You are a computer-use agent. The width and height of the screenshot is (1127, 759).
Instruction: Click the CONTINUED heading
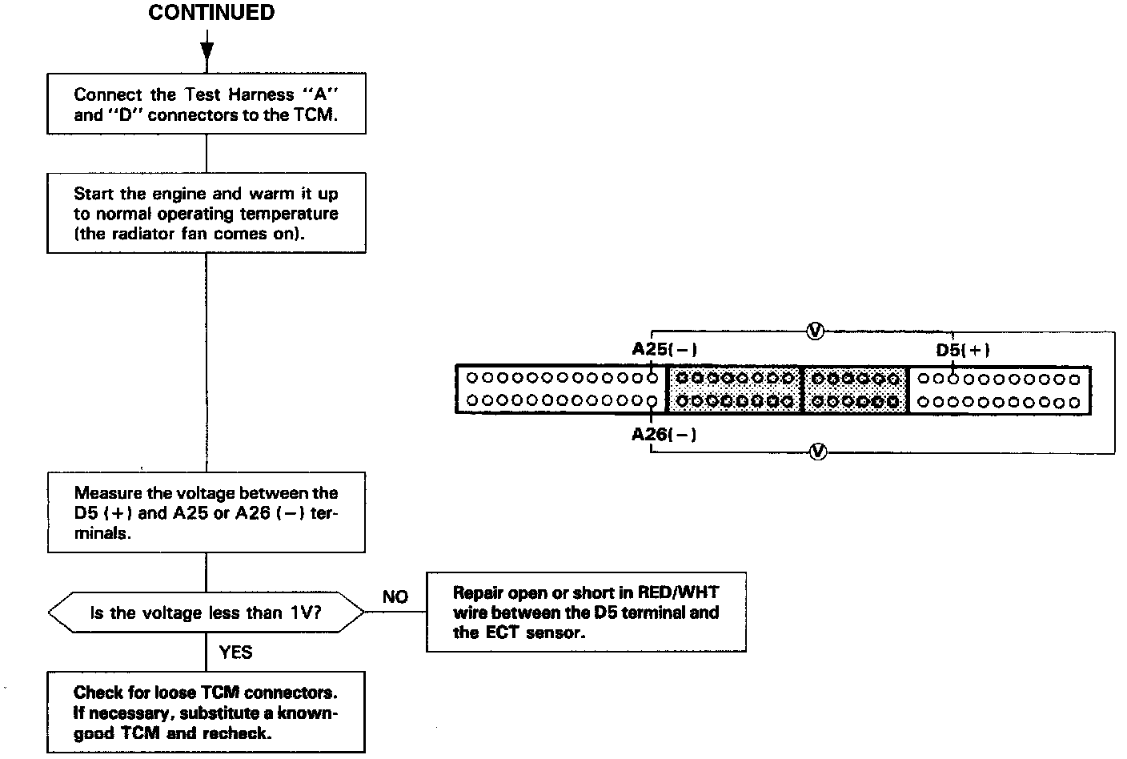[211, 13]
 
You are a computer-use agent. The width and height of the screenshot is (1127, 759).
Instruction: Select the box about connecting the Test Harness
[207, 104]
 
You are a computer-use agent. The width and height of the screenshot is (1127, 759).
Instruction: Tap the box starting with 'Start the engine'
[207, 213]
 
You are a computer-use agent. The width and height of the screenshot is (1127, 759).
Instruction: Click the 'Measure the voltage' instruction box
[207, 512]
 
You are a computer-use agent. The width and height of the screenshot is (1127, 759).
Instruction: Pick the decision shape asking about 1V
[207, 613]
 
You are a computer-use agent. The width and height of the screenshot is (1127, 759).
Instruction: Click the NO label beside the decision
[395, 596]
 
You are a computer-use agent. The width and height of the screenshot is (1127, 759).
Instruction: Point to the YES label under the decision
[235, 653]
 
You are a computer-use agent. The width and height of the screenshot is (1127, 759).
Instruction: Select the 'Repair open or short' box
[586, 612]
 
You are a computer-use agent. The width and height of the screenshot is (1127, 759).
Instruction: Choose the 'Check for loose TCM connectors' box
[207, 713]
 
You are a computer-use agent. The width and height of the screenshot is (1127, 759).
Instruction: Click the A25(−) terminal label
[664, 349]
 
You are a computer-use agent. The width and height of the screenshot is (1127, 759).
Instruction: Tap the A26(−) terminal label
[664, 434]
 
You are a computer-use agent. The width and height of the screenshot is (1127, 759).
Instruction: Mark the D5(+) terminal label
[963, 350]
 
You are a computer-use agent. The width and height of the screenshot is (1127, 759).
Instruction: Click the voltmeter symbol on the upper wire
[815, 331]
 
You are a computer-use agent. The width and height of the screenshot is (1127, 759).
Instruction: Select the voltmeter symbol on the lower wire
[817, 452]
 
